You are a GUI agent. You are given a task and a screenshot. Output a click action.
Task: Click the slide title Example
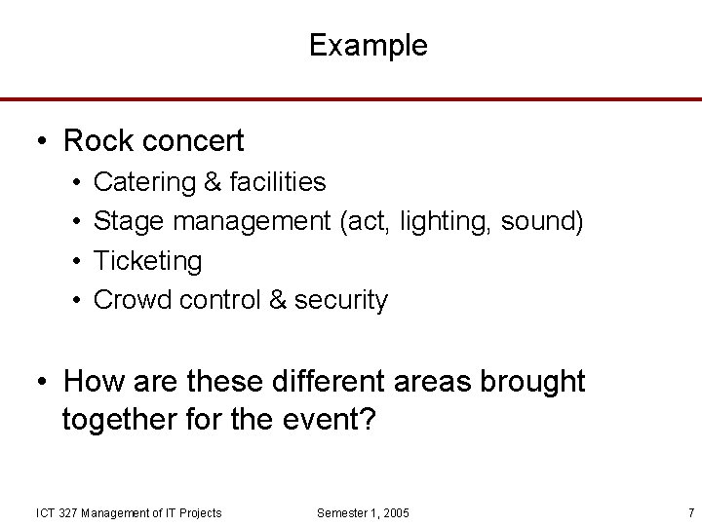(x=368, y=46)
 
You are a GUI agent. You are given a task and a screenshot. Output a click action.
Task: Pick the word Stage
(x=129, y=222)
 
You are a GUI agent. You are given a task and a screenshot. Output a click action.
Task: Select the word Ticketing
(x=147, y=261)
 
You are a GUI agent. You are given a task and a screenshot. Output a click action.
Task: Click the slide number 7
(x=690, y=513)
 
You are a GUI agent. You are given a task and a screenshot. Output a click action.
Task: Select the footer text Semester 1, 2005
(x=364, y=513)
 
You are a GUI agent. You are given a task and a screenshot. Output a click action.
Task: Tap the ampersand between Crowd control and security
(x=277, y=300)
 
